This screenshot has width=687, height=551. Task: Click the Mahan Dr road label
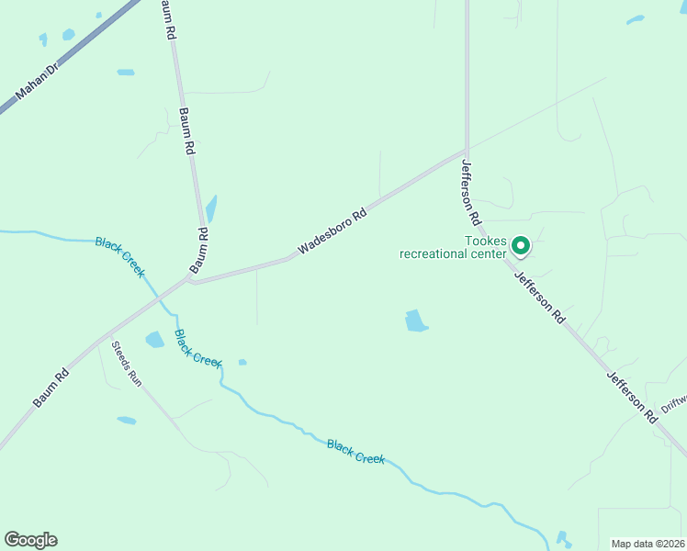(x=37, y=82)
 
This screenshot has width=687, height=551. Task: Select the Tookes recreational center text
(x=452, y=248)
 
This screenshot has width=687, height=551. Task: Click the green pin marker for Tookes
(x=520, y=245)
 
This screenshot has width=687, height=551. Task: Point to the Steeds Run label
(x=127, y=364)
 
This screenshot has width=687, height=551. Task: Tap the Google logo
(x=30, y=540)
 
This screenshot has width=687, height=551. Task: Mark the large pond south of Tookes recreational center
(x=416, y=320)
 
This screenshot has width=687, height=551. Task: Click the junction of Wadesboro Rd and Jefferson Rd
(x=467, y=152)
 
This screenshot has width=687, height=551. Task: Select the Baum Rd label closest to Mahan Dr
(x=168, y=18)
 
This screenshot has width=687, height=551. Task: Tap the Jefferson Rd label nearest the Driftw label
(x=633, y=397)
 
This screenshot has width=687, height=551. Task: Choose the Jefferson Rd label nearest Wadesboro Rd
(x=471, y=193)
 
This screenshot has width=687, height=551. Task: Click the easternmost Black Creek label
(x=355, y=451)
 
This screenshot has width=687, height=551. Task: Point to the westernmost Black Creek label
(x=119, y=256)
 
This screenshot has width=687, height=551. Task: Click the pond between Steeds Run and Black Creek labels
(x=154, y=340)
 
